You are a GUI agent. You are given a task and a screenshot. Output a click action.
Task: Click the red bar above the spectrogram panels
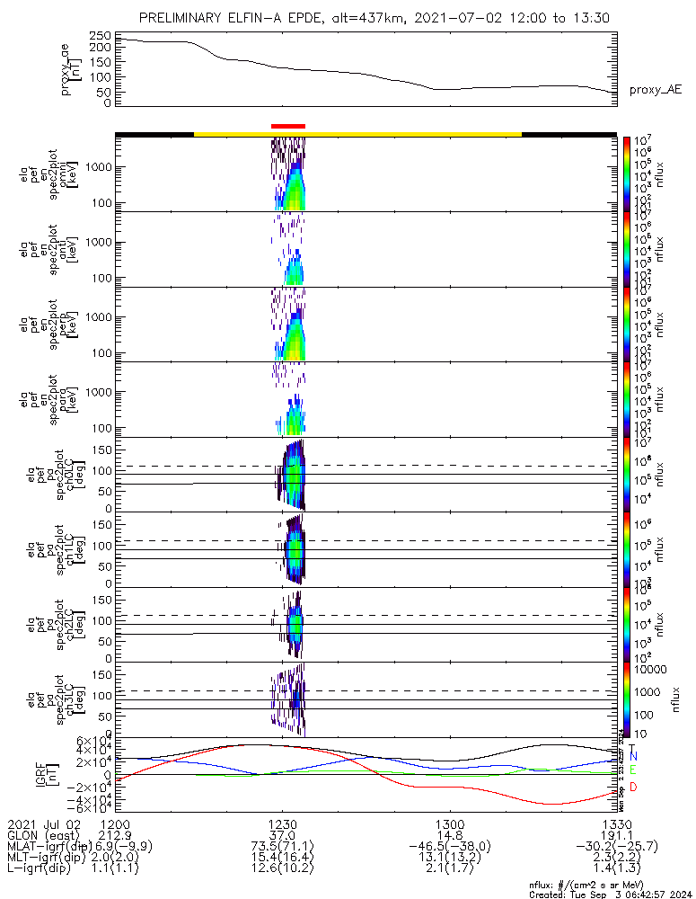click(287, 127)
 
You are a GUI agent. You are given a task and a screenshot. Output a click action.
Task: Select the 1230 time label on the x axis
click(282, 823)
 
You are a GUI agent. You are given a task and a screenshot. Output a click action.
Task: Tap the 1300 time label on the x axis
click(449, 823)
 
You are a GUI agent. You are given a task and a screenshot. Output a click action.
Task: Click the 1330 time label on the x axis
click(616, 823)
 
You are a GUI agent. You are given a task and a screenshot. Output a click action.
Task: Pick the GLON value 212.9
click(116, 835)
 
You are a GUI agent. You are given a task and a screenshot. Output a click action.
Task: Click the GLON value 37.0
click(282, 835)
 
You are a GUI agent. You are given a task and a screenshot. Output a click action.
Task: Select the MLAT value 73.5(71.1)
click(282, 847)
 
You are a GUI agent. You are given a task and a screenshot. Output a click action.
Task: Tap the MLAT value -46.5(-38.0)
click(449, 847)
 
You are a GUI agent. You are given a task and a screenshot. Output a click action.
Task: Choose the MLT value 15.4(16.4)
click(282, 859)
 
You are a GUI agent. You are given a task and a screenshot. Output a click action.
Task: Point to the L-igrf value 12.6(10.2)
click(282, 870)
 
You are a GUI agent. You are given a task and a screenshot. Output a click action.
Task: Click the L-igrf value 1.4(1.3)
click(616, 870)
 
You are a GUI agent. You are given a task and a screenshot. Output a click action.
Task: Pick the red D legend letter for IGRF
click(633, 788)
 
